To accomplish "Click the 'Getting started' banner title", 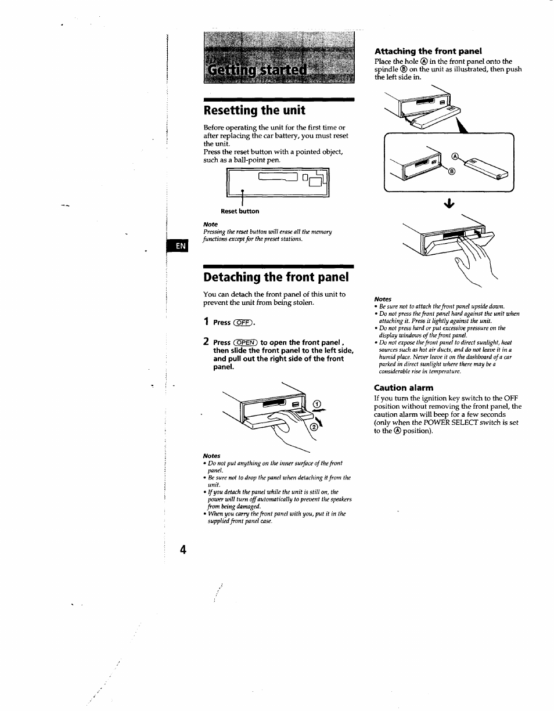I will (x=256, y=70).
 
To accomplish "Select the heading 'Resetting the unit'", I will (x=254, y=110).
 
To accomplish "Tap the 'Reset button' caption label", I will (x=240, y=211).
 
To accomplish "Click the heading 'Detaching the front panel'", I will (x=276, y=276).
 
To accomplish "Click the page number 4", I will (x=184, y=550).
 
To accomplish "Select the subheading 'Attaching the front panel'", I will (x=428, y=50).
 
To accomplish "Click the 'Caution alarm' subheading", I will (x=403, y=387).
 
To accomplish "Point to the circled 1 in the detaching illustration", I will (x=316, y=405).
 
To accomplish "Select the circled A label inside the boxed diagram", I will (x=455, y=156).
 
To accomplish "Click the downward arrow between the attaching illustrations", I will (x=448, y=204).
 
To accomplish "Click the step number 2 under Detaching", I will (x=206, y=342).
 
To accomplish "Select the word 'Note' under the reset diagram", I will (x=210, y=224).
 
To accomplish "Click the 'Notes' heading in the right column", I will (x=383, y=299).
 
